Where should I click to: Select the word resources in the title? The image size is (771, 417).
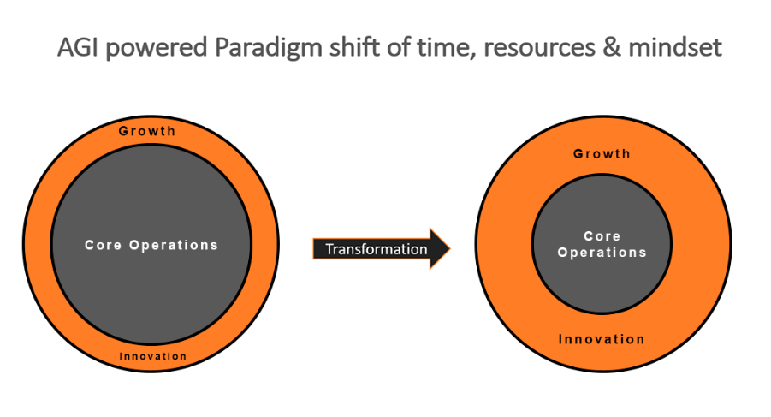[539, 48]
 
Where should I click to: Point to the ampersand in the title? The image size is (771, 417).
[612, 48]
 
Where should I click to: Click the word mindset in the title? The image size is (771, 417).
[675, 48]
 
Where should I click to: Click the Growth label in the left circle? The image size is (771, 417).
[147, 131]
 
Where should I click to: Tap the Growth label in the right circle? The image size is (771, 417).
[602, 154]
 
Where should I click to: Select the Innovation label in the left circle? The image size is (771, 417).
[153, 356]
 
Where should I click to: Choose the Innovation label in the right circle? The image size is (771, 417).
[602, 339]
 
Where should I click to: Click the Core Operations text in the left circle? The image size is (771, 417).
[151, 245]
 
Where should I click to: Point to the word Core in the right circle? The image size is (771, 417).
[602, 236]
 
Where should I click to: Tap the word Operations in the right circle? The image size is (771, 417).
[602, 253]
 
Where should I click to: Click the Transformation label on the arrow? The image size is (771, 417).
[377, 249]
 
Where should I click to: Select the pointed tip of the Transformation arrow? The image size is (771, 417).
[450, 248]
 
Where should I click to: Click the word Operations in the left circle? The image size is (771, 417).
[174, 245]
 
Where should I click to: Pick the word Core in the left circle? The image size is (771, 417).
[103, 245]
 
